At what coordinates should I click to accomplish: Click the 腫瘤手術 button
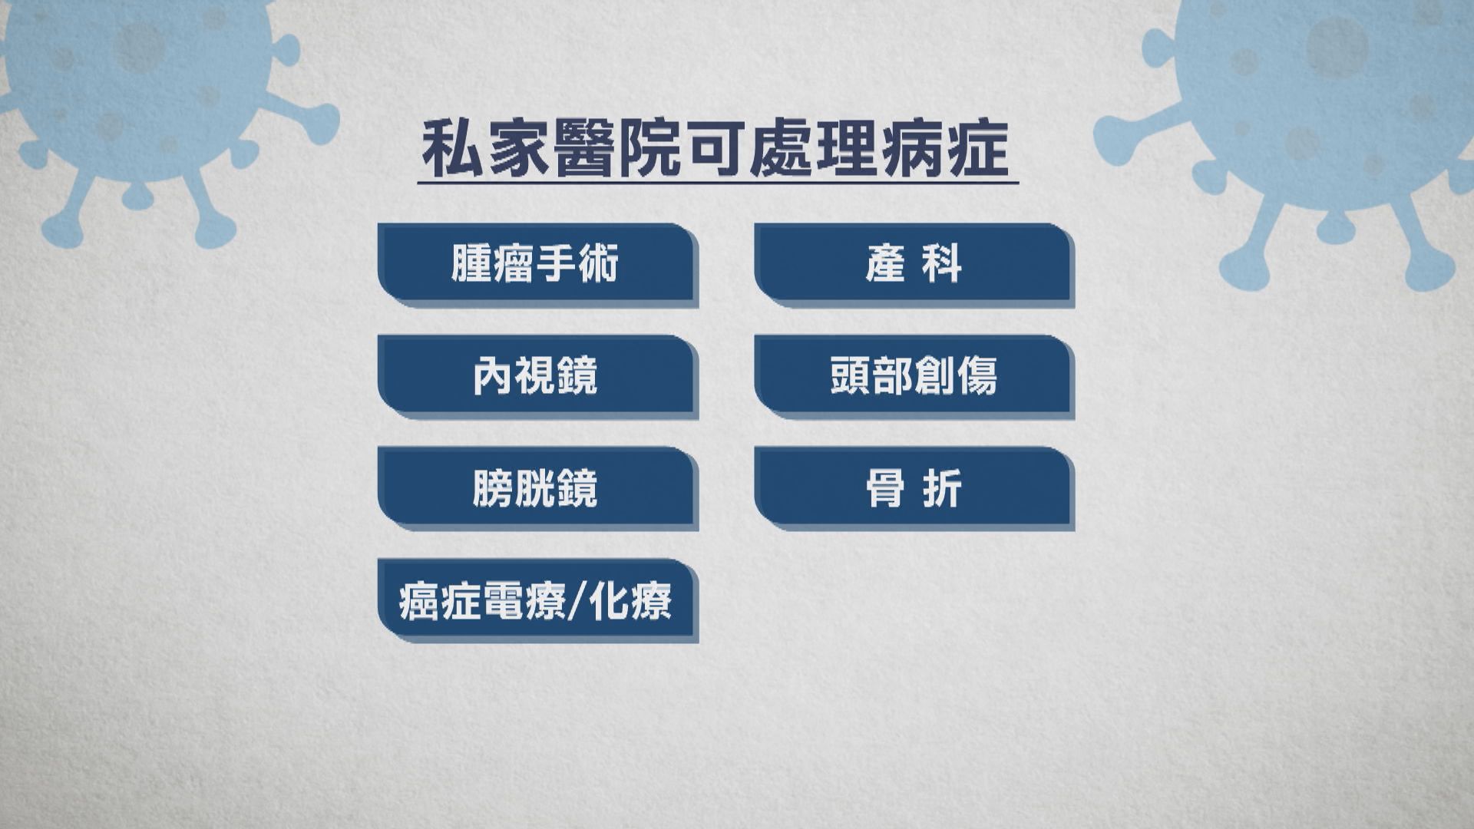point(536,263)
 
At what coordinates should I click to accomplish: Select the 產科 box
point(914,263)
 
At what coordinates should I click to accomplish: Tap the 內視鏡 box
point(536,375)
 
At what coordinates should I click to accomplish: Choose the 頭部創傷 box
point(914,375)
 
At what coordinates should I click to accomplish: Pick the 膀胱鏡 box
point(536,487)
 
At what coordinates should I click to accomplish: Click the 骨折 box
point(914,487)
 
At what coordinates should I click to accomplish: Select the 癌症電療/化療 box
point(536,599)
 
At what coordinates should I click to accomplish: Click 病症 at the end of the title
point(947,148)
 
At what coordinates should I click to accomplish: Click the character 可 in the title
point(716,148)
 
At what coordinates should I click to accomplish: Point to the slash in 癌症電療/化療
point(578,601)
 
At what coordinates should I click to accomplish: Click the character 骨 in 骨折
point(884,488)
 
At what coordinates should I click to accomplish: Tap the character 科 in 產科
point(943,264)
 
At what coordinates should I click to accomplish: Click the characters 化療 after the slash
point(630,600)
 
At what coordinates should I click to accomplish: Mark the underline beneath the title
point(718,183)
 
